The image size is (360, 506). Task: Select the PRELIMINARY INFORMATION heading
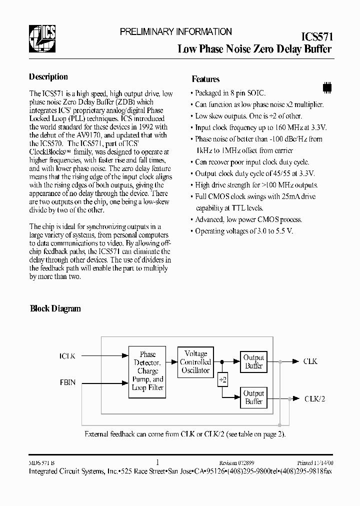[175, 31]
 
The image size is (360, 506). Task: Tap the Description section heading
[48, 77]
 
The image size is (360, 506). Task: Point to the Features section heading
[205, 79]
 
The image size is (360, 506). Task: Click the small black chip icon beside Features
[327, 86]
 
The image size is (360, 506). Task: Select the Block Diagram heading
[55, 308]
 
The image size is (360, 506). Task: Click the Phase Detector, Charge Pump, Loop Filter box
[147, 371]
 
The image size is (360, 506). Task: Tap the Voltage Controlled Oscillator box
[195, 361]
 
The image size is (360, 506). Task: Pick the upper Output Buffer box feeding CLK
[253, 361]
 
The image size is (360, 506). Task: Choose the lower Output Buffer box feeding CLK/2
[253, 397]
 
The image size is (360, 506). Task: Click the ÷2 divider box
[222, 380]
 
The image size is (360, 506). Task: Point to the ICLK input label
[67, 356]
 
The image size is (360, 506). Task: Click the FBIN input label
[67, 383]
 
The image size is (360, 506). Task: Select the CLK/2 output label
[315, 398]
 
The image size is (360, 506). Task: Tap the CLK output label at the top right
[310, 361]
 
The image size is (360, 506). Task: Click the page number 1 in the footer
[158, 463]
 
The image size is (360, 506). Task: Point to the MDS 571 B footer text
[42, 463]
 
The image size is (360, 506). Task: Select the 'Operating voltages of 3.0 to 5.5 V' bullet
[243, 231]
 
